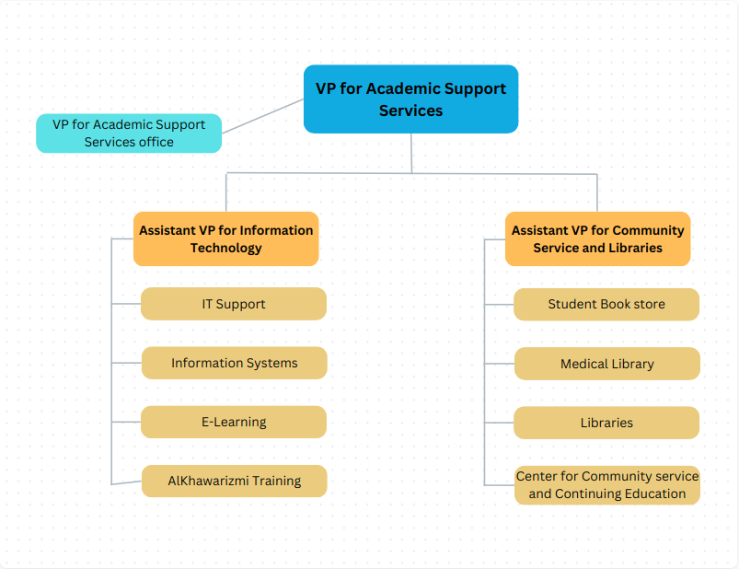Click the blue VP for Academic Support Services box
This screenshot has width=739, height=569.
[410, 99]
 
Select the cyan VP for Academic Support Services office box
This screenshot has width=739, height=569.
[129, 133]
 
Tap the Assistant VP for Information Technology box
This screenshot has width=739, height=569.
[225, 238]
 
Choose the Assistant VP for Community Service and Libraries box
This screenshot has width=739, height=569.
[597, 238]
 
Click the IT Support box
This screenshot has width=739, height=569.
[234, 304]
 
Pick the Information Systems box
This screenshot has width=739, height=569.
[234, 363]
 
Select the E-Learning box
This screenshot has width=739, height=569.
[234, 422]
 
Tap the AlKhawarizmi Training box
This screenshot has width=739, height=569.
[234, 481]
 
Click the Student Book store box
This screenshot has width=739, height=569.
[606, 304]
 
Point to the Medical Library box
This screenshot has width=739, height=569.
[606, 364]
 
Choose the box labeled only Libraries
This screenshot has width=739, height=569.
[606, 423]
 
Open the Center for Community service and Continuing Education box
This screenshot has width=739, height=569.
[606, 485]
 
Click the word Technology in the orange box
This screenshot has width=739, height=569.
[226, 248]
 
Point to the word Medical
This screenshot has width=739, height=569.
[584, 364]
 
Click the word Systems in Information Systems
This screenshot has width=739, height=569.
[271, 363]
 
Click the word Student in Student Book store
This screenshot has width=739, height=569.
[572, 304]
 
